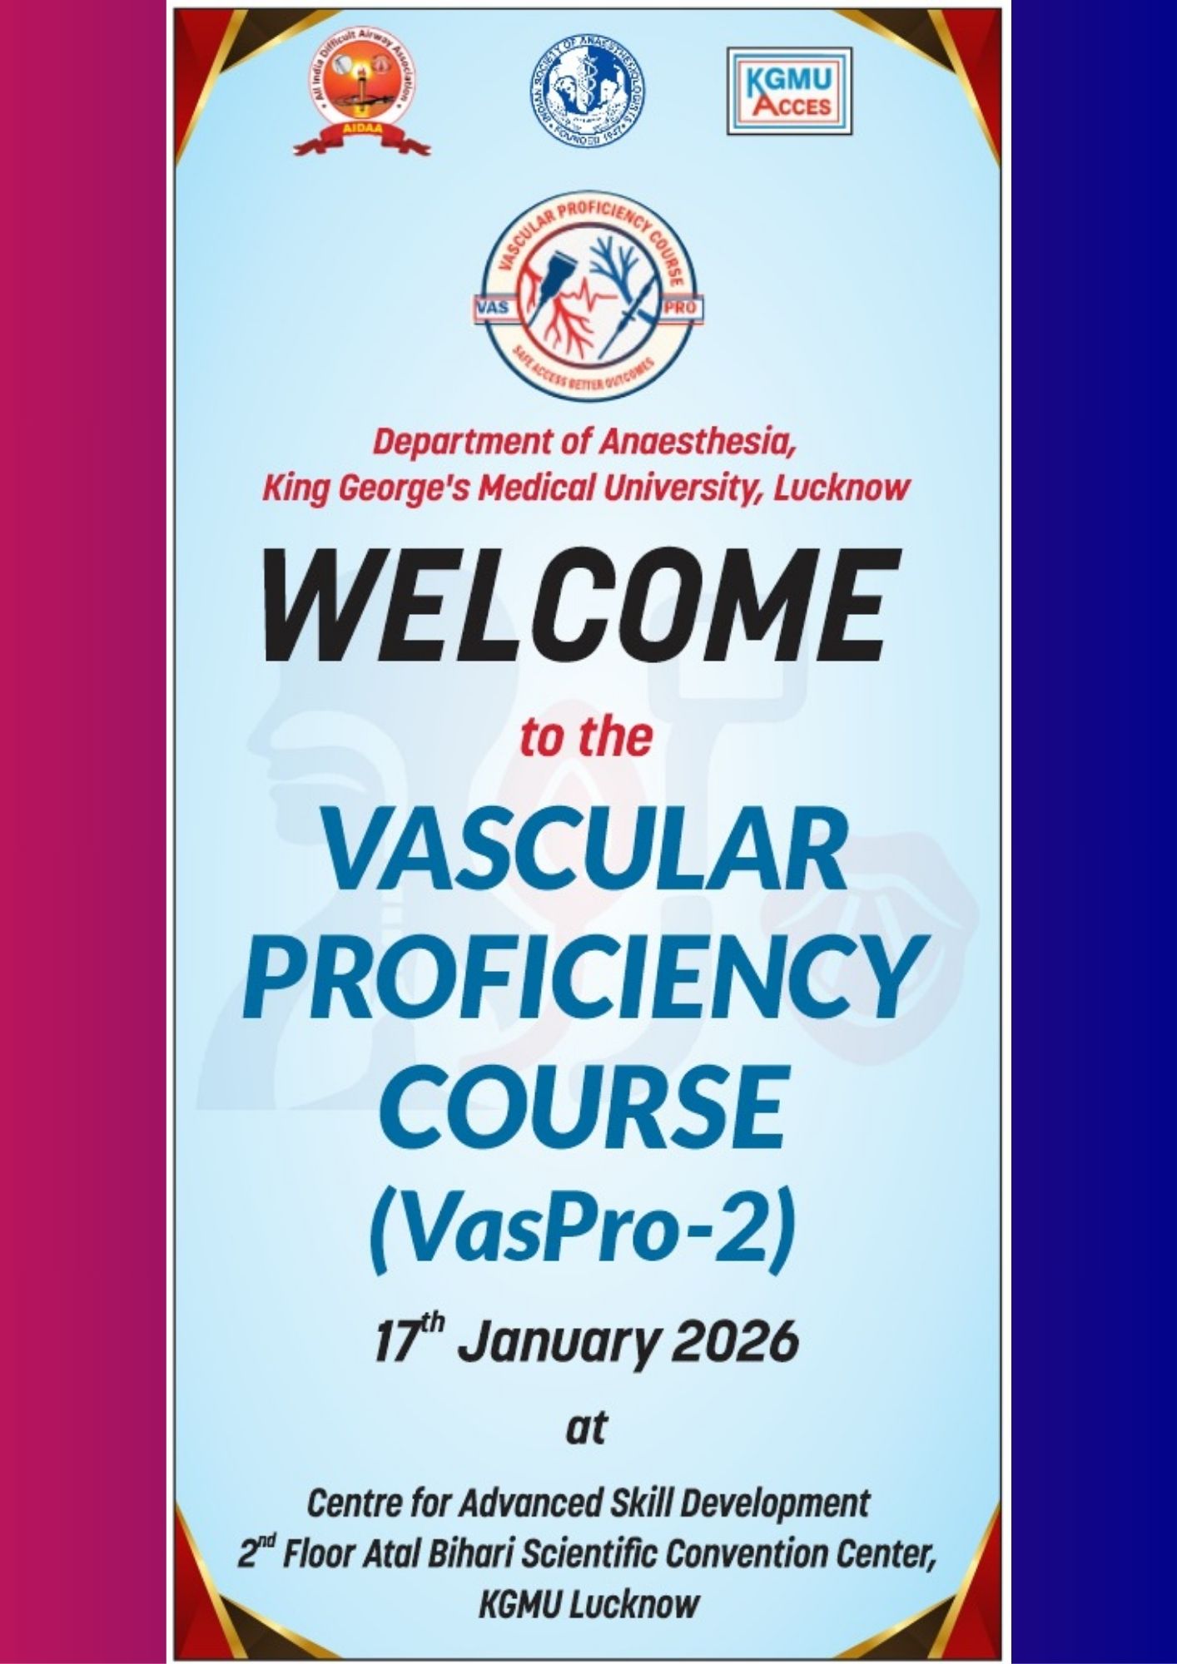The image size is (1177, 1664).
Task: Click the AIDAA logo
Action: coord(363,99)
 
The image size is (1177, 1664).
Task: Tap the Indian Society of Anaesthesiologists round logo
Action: coord(587,92)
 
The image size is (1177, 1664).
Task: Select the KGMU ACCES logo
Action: coord(789,92)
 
